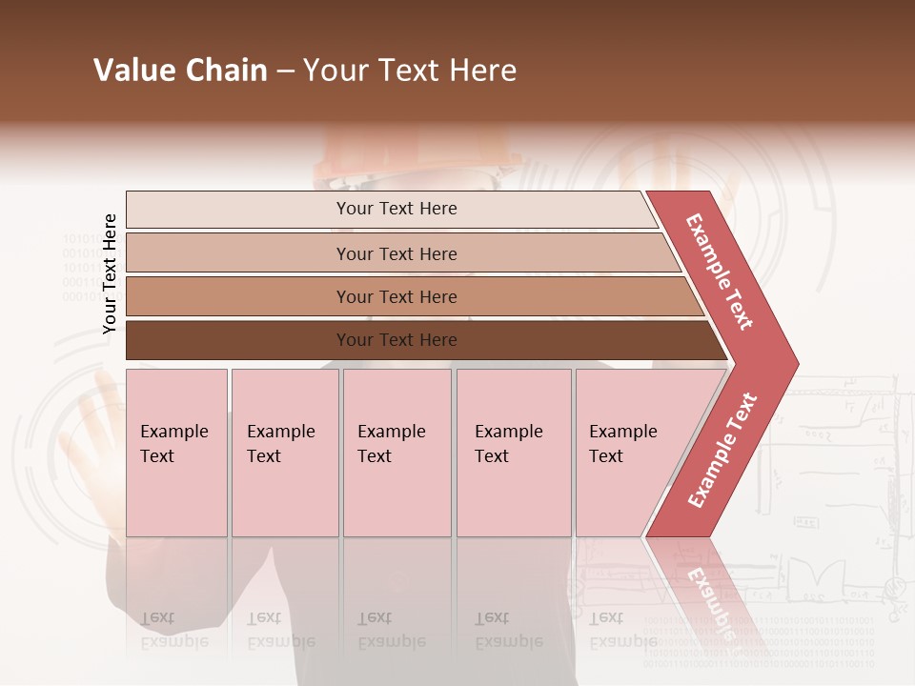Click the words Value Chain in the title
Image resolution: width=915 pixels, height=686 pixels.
point(180,71)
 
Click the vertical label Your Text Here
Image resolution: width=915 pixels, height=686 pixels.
point(110,273)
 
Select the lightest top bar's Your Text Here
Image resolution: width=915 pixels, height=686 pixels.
point(396,209)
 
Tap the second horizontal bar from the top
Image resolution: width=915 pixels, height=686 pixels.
point(396,253)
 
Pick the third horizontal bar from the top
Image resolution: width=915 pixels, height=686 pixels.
point(396,296)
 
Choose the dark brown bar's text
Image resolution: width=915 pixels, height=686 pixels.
point(396,340)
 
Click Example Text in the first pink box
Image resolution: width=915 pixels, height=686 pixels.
point(173,444)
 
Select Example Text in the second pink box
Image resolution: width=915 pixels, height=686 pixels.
point(280,444)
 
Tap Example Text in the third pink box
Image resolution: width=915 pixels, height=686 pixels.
point(391,444)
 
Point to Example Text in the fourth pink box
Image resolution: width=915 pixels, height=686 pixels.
point(508,444)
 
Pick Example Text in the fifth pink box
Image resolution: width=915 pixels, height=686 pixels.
point(622,444)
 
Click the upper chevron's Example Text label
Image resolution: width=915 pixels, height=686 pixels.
point(720,272)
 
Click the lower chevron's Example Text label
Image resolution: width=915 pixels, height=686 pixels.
point(722,451)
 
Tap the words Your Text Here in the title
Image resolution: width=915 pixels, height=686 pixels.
point(410,71)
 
